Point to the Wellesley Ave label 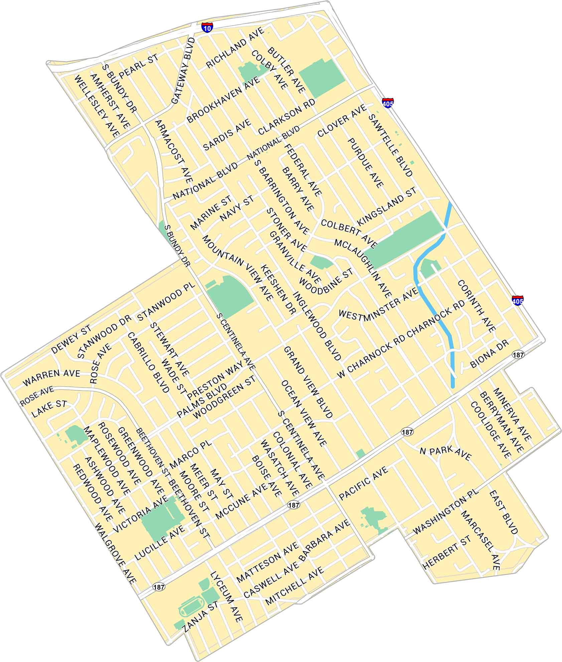(97, 106)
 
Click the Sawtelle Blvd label (390, 145)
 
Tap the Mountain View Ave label (236, 268)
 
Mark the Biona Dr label (489, 354)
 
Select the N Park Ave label (445, 453)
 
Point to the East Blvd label (504, 513)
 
